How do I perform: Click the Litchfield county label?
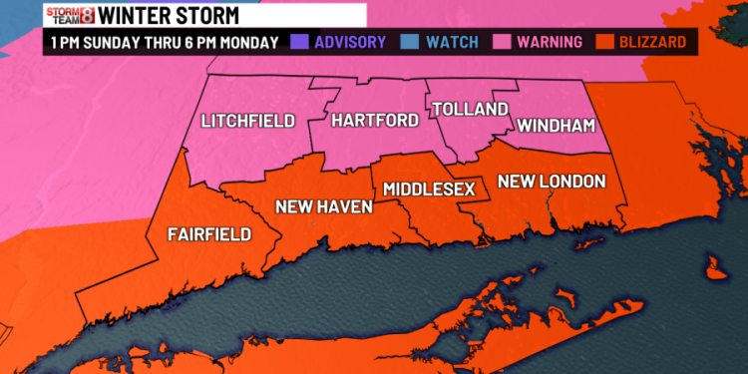247,122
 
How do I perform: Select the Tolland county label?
471,108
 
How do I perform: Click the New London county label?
552,181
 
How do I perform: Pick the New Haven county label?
324,206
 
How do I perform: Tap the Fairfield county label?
209,234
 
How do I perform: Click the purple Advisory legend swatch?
298,43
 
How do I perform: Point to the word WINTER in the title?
145,15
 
